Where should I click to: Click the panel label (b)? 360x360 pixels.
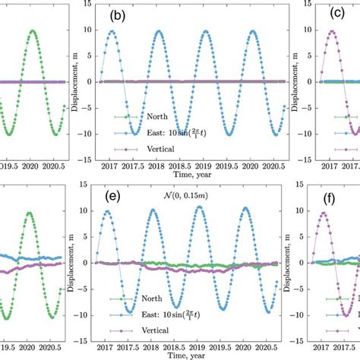point(118,14)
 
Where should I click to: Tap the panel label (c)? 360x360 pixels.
point(336,14)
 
